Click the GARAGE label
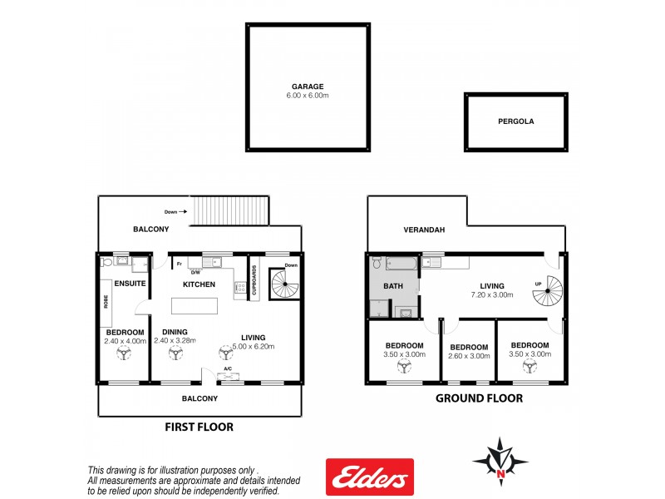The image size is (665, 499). [x=308, y=86]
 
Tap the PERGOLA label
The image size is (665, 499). [x=515, y=121]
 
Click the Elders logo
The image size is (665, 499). [x=369, y=477]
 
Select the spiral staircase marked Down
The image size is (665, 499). [x=285, y=289]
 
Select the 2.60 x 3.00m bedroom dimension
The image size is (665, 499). [x=468, y=355]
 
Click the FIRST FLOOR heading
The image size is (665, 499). [x=199, y=427]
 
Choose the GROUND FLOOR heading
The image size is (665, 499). [x=480, y=398]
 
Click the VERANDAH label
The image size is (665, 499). [x=423, y=230]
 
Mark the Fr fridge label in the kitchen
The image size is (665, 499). [x=179, y=264]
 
